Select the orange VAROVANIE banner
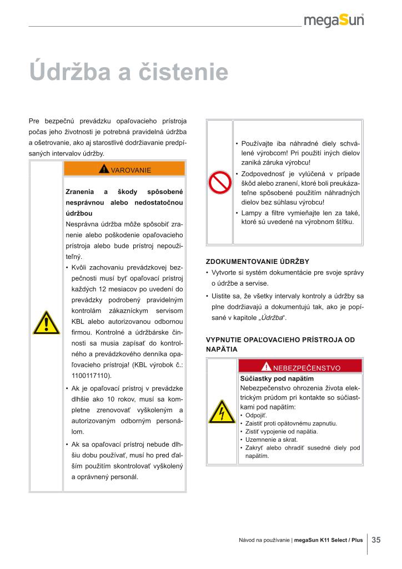pos(125,169)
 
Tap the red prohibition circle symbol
pos(220,182)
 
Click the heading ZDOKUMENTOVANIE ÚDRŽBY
pos(257,261)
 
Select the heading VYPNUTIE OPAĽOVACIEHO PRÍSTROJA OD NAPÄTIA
pos(280,344)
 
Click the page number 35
pos(376,540)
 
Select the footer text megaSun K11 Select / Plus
pos(328,540)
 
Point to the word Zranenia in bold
pos(80,192)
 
